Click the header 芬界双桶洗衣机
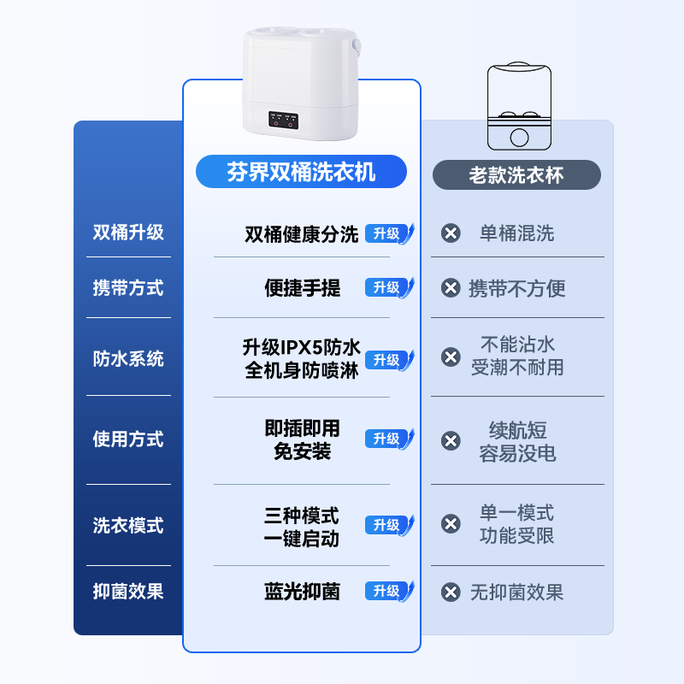pyautogui.click(x=301, y=172)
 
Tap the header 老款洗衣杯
pyautogui.click(x=516, y=175)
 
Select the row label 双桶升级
pyautogui.click(x=128, y=233)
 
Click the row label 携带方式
pyautogui.click(x=128, y=288)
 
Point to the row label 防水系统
pyautogui.click(x=128, y=359)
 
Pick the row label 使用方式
pyautogui.click(x=128, y=439)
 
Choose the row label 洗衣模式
pyautogui.click(x=128, y=525)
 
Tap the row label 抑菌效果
pyautogui.click(x=128, y=591)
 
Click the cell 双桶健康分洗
pyautogui.click(x=302, y=234)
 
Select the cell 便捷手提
pyautogui.click(x=302, y=288)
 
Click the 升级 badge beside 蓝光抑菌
pyautogui.click(x=387, y=591)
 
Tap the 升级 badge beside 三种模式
pyautogui.click(x=387, y=525)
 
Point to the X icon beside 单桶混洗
pyautogui.click(x=451, y=233)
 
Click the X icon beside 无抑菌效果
pyautogui.click(x=451, y=592)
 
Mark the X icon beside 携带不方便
pyautogui.click(x=451, y=288)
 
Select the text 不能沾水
pyautogui.click(x=517, y=345)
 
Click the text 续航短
pyautogui.click(x=517, y=430)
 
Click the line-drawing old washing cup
pyautogui.click(x=518, y=107)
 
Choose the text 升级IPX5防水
pyautogui.click(x=302, y=347)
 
